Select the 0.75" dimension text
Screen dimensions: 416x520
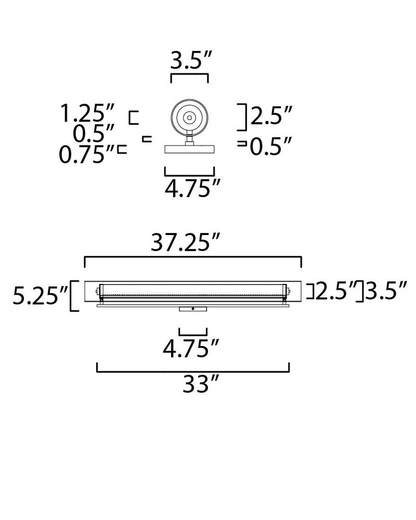(86, 154)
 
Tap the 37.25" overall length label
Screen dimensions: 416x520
(186, 242)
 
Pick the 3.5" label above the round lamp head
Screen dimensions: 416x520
(191, 60)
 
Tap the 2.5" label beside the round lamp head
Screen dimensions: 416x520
(271, 115)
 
